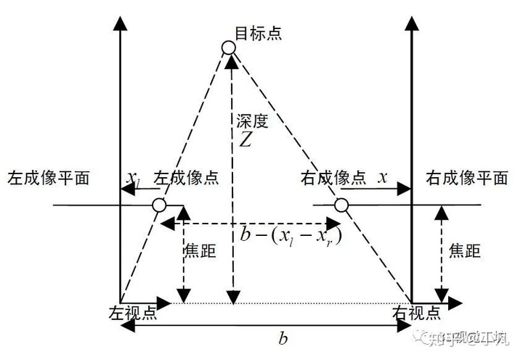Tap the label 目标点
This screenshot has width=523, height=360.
click(x=258, y=33)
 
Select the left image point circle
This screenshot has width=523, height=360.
click(x=160, y=206)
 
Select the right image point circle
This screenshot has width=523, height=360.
click(x=341, y=206)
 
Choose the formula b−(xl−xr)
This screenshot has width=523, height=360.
click(x=291, y=235)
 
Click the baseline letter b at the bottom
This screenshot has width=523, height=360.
click(x=283, y=337)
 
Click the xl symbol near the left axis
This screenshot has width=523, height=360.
click(x=134, y=178)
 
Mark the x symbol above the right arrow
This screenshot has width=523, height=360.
click(x=383, y=176)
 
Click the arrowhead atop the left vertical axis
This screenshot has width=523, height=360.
click(x=120, y=22)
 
